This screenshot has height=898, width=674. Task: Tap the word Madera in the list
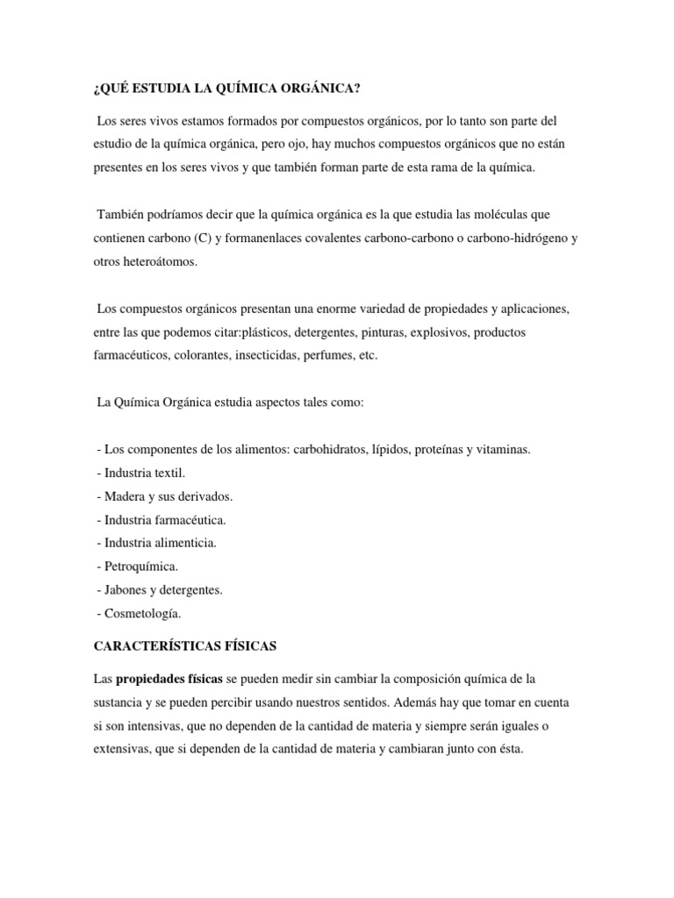point(124,496)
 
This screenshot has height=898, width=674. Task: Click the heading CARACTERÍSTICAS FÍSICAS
point(185,645)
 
